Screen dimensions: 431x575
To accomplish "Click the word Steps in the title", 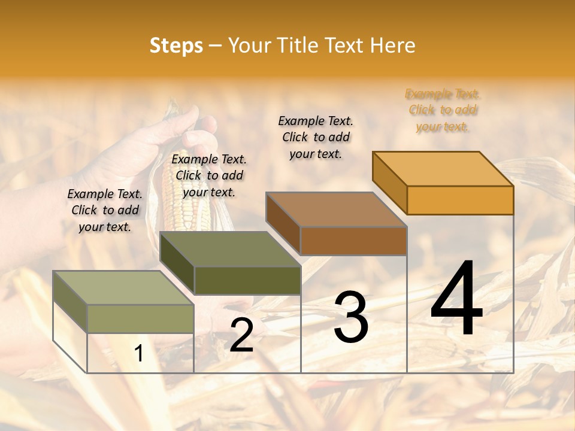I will (176, 45).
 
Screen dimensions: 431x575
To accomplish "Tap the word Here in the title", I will (392, 45).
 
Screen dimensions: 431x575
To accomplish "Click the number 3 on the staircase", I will (351, 317).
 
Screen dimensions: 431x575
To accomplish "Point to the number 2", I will (241, 335).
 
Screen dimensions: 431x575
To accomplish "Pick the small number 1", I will (139, 354).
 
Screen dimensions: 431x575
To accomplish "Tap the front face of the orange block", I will (460, 200).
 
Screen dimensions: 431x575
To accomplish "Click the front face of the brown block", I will (353, 241).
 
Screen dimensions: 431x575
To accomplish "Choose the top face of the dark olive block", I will (230, 249).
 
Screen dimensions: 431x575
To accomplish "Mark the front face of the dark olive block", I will (247, 280).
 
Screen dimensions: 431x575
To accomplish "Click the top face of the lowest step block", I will (123, 288).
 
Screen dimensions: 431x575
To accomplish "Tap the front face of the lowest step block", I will (140, 318).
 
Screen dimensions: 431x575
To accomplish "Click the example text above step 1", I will (105, 210).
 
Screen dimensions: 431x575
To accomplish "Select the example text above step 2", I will (209, 175).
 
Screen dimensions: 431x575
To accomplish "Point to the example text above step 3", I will (316, 137).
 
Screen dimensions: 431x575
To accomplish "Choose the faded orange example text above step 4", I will (443, 110).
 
